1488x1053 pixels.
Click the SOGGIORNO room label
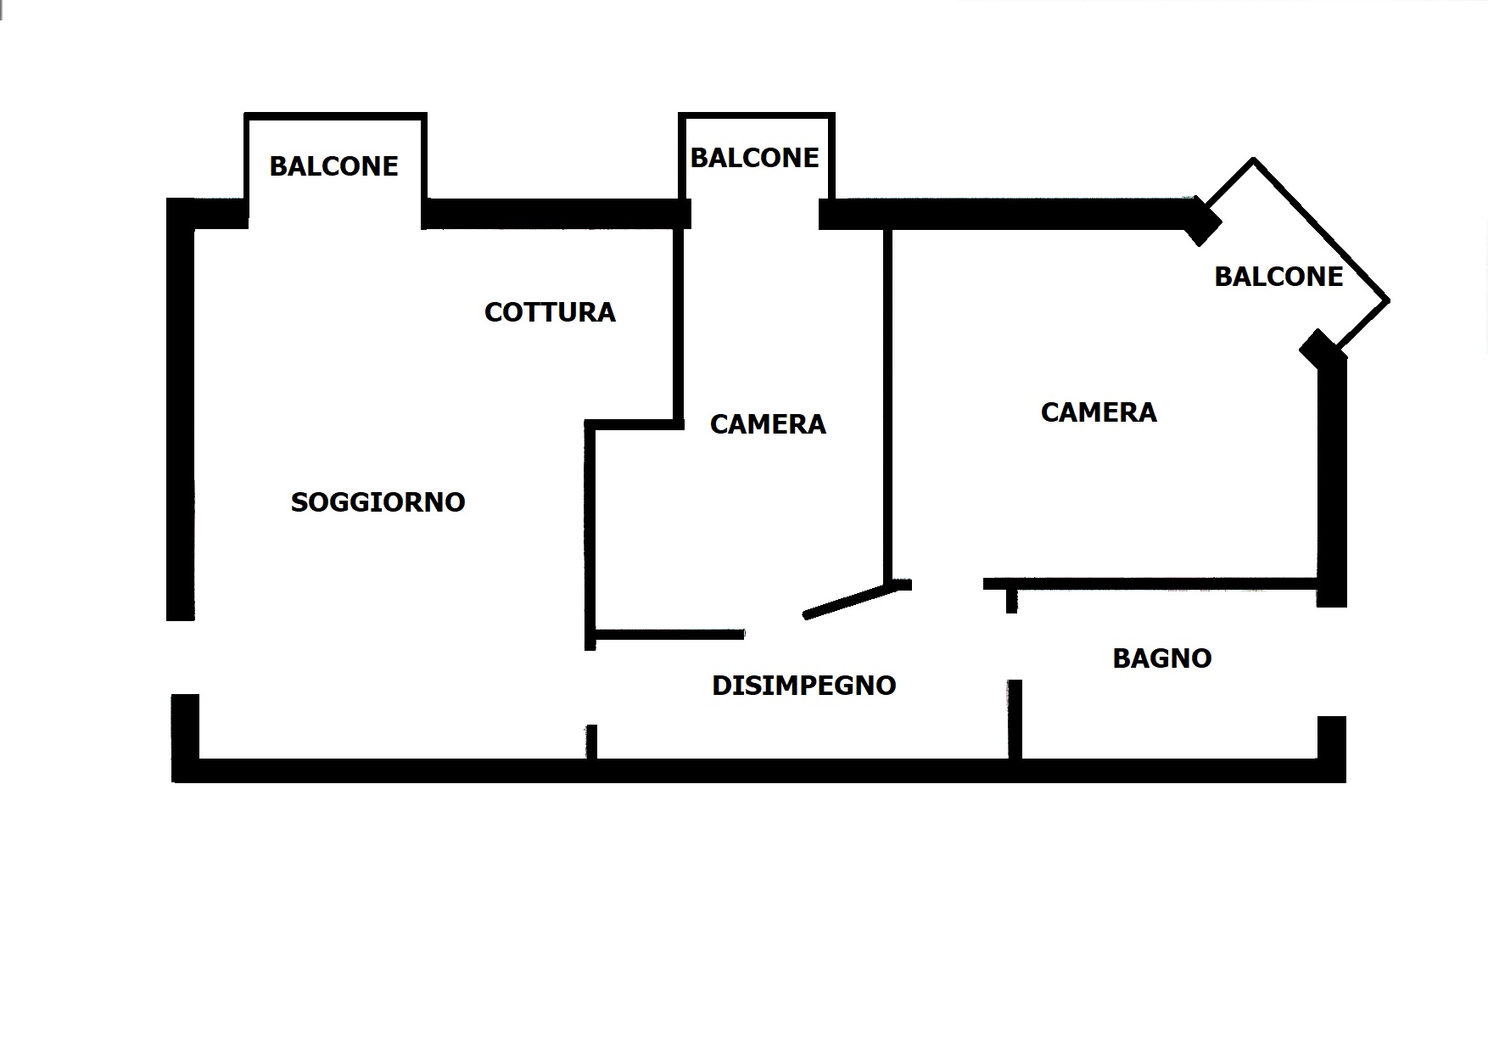click(378, 502)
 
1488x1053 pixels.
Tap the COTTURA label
click(550, 312)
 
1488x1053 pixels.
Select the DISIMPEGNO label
click(803, 686)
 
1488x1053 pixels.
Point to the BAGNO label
click(1161, 658)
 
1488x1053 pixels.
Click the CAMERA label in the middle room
click(768, 424)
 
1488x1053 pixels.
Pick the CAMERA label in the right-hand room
click(1099, 412)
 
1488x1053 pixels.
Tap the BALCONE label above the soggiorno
click(333, 166)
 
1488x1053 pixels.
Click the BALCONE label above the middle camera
click(754, 158)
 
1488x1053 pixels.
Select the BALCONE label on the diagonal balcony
click(1278, 277)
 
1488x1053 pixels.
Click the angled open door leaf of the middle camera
click(848, 601)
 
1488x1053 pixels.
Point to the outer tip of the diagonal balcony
click(1387, 300)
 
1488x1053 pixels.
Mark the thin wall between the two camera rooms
click(887, 399)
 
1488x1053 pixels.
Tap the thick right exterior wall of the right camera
click(1332, 475)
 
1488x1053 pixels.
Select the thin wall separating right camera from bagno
click(1150, 584)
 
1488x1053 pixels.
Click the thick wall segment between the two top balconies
click(556, 214)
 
